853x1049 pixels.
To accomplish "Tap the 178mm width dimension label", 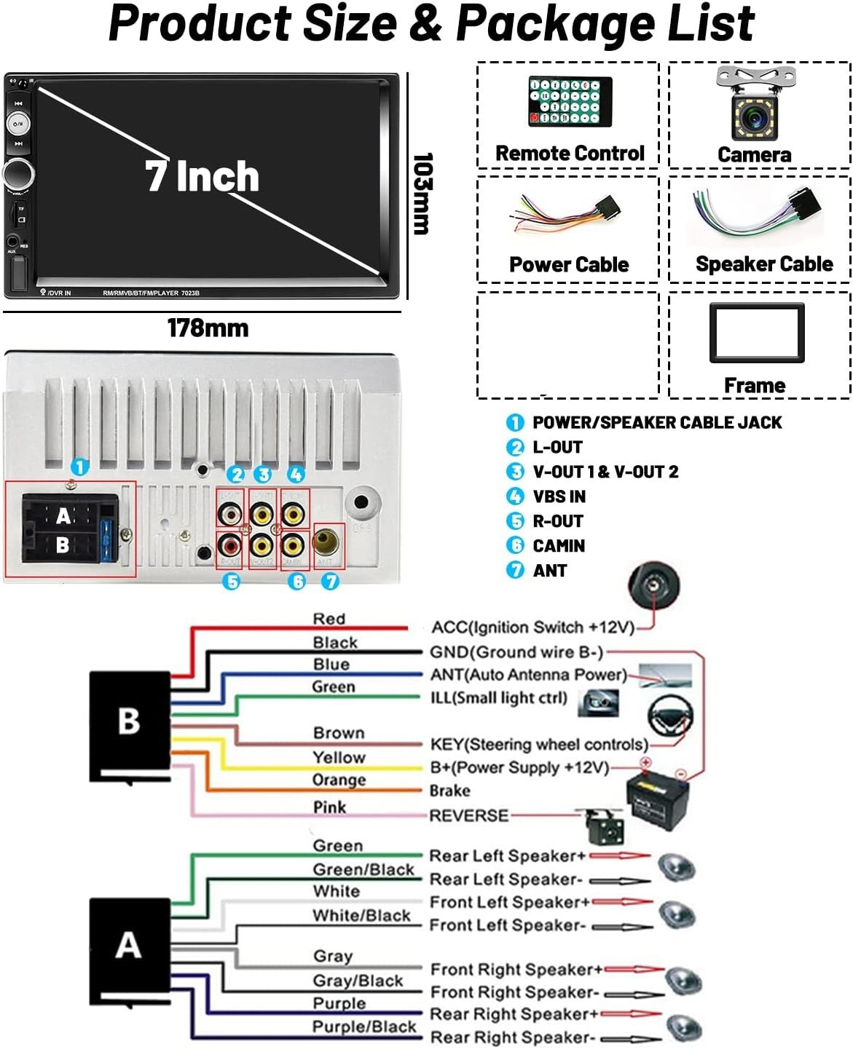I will click(x=208, y=328).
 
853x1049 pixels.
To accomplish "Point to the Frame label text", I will click(x=755, y=385).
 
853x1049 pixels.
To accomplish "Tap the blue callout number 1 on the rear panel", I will click(x=79, y=467).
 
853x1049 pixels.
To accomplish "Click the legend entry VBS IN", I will click(x=559, y=496).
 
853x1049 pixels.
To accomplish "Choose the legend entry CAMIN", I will click(x=559, y=546).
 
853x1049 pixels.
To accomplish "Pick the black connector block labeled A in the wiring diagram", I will click(x=129, y=949).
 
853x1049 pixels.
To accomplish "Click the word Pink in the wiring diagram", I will click(x=329, y=807).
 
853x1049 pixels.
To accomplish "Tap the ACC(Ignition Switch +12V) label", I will click(x=532, y=628).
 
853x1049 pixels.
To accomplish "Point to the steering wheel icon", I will click(x=670, y=717).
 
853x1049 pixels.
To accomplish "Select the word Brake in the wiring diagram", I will click(x=449, y=791).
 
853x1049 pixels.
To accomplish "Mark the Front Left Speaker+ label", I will click(x=510, y=903).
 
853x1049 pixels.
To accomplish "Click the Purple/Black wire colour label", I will click(x=364, y=1027).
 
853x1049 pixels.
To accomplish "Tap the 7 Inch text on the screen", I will click(x=202, y=176).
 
